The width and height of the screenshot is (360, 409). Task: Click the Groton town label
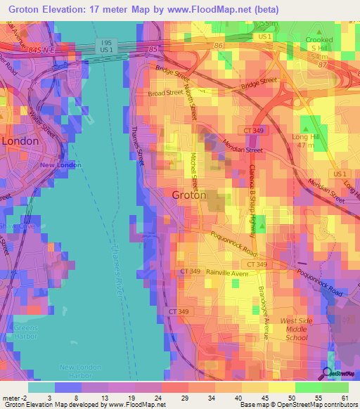tap(190, 196)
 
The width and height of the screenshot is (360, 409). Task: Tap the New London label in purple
tap(60, 165)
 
